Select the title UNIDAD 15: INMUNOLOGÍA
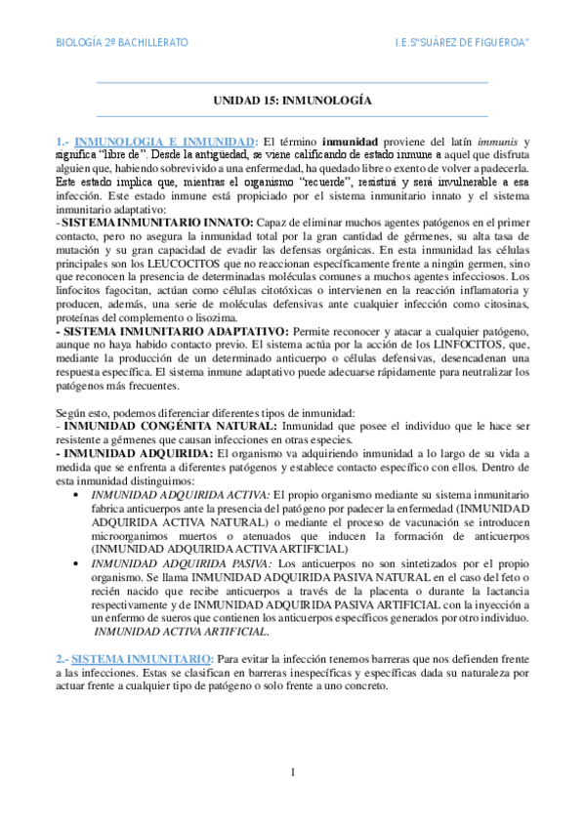tap(292, 101)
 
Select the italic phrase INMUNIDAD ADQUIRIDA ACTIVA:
tap(179, 496)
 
